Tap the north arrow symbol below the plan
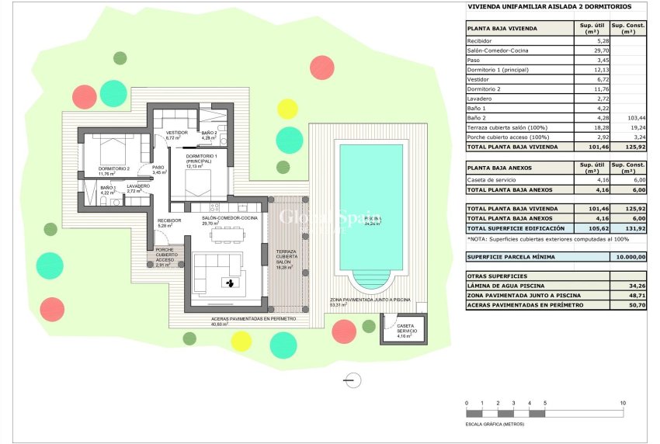point(353,380)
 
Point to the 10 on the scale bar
point(623,404)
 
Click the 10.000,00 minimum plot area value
point(628,256)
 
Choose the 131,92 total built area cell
point(628,229)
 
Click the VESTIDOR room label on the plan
point(177,133)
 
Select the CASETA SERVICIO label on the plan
point(406,329)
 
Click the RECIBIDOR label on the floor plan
point(169,220)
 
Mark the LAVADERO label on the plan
point(138,186)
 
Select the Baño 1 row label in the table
point(477,108)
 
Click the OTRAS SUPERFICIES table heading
point(497,276)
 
